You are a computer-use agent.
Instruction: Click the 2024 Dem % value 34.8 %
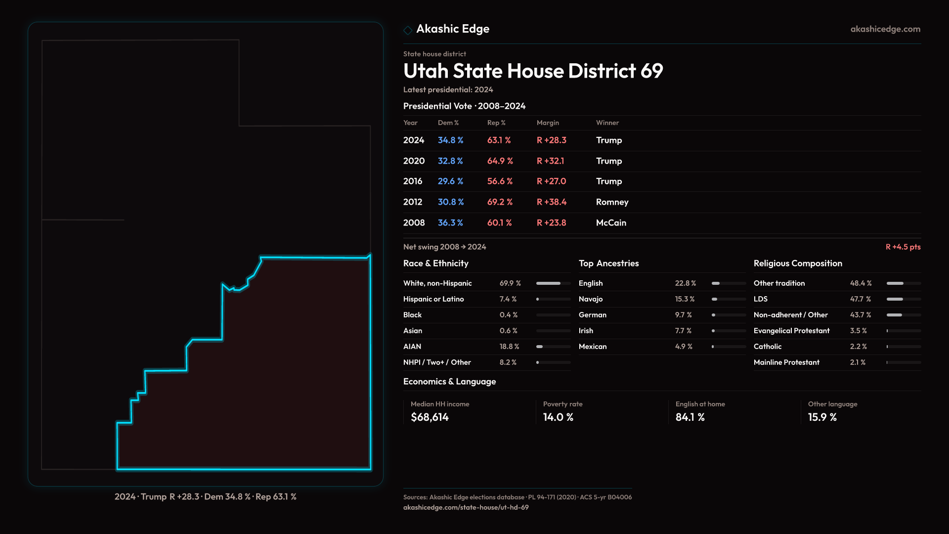point(450,140)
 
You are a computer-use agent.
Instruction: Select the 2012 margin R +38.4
point(552,202)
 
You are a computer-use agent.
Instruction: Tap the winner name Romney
point(612,202)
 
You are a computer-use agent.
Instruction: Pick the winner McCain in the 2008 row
point(611,223)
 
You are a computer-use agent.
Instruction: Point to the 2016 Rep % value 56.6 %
point(500,181)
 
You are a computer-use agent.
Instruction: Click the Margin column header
point(548,123)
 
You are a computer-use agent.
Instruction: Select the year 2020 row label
point(414,161)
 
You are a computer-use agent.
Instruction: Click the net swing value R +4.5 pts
point(903,247)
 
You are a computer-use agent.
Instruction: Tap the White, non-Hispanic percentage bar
point(553,283)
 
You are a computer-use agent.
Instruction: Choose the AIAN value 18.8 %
point(509,347)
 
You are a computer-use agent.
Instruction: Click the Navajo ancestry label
point(591,299)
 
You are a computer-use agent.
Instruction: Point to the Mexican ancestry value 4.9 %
point(684,347)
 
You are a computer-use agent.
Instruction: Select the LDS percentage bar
point(903,299)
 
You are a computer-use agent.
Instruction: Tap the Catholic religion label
point(768,347)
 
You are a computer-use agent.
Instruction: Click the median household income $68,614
point(430,417)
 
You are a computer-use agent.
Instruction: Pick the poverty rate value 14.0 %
point(558,417)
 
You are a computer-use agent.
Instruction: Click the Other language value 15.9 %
point(822,417)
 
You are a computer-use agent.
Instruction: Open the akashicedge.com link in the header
point(885,29)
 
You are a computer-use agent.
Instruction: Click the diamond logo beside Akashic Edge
point(408,30)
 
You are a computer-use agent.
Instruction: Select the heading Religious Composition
point(798,264)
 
